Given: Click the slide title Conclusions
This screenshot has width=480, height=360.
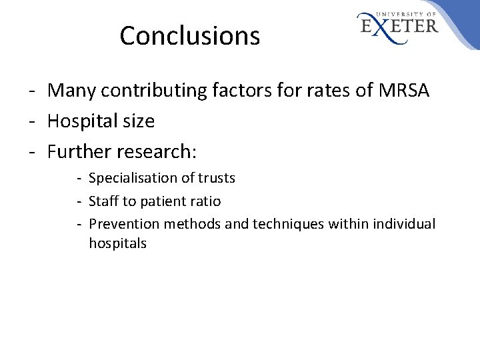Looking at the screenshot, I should [x=189, y=36].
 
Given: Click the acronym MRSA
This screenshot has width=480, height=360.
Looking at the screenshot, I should [x=402, y=89].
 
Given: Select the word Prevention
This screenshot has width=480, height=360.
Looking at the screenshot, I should [x=120, y=223].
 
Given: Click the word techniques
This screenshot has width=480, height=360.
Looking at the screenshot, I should [x=287, y=223].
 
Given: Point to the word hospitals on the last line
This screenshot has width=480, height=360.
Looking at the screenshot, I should [x=117, y=243].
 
